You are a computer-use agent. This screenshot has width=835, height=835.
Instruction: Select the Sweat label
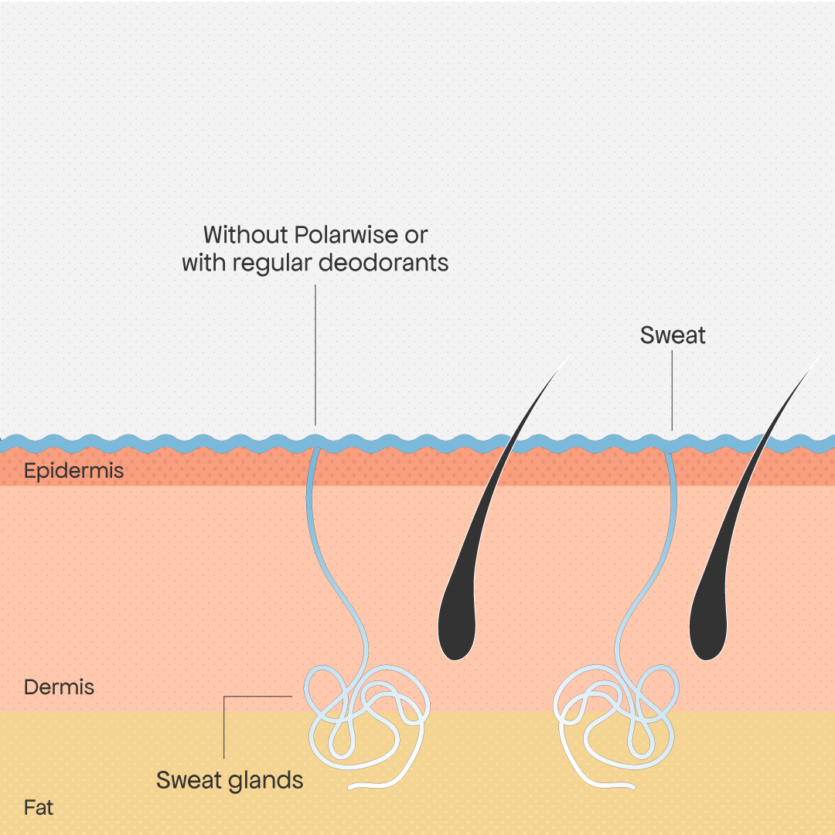[x=673, y=336]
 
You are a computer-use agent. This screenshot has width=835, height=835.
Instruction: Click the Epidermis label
[x=73, y=471]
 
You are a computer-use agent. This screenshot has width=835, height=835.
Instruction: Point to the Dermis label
[x=59, y=687]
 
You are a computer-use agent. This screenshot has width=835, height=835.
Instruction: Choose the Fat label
[x=39, y=809]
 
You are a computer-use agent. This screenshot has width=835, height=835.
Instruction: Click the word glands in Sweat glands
[x=265, y=780]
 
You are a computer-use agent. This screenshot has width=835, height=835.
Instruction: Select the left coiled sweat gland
[x=367, y=719]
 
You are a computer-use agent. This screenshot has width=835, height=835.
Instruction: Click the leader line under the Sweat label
[x=672, y=390]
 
